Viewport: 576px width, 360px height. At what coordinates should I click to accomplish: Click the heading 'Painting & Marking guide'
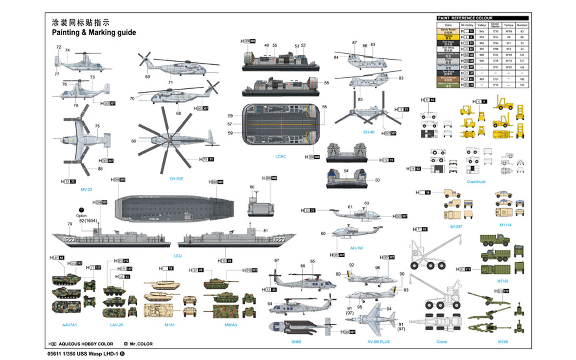pyautogui.click(x=94, y=32)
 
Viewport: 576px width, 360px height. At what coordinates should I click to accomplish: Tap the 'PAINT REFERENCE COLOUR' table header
pyautogui.click(x=465, y=18)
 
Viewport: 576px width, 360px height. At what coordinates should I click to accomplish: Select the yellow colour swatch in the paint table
pyautogui.click(x=448, y=37)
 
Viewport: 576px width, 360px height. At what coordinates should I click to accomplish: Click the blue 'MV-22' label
pyautogui.click(x=86, y=189)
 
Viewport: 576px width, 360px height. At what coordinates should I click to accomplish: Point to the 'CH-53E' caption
pyautogui.click(x=176, y=179)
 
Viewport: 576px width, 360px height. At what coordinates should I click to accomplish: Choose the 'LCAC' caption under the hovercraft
pyautogui.click(x=280, y=156)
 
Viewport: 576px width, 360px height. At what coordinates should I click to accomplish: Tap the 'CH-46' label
pyautogui.click(x=368, y=132)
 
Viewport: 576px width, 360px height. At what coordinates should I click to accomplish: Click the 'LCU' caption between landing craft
pyautogui.click(x=178, y=256)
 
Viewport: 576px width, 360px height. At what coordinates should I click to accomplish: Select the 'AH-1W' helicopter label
pyautogui.click(x=356, y=248)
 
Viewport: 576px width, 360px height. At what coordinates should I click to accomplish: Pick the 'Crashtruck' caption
pyautogui.click(x=476, y=182)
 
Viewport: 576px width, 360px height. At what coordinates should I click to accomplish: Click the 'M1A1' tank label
pyautogui.click(x=170, y=325)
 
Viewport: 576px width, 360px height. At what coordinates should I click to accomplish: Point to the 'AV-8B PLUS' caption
pyautogui.click(x=378, y=342)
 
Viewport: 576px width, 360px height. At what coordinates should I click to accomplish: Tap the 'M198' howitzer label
pyautogui.click(x=503, y=342)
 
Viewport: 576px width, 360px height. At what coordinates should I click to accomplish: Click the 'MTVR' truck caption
pyautogui.click(x=502, y=281)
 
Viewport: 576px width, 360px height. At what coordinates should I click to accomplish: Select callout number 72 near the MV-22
pyautogui.click(x=59, y=47)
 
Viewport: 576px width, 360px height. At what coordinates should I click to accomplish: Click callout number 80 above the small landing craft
pyautogui.click(x=252, y=187)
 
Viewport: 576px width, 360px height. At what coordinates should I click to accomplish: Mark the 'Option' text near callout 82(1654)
pyautogui.click(x=81, y=216)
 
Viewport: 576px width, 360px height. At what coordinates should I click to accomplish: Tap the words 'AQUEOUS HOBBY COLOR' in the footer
pyautogui.click(x=86, y=344)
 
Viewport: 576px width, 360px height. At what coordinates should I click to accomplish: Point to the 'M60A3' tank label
pyautogui.click(x=230, y=325)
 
